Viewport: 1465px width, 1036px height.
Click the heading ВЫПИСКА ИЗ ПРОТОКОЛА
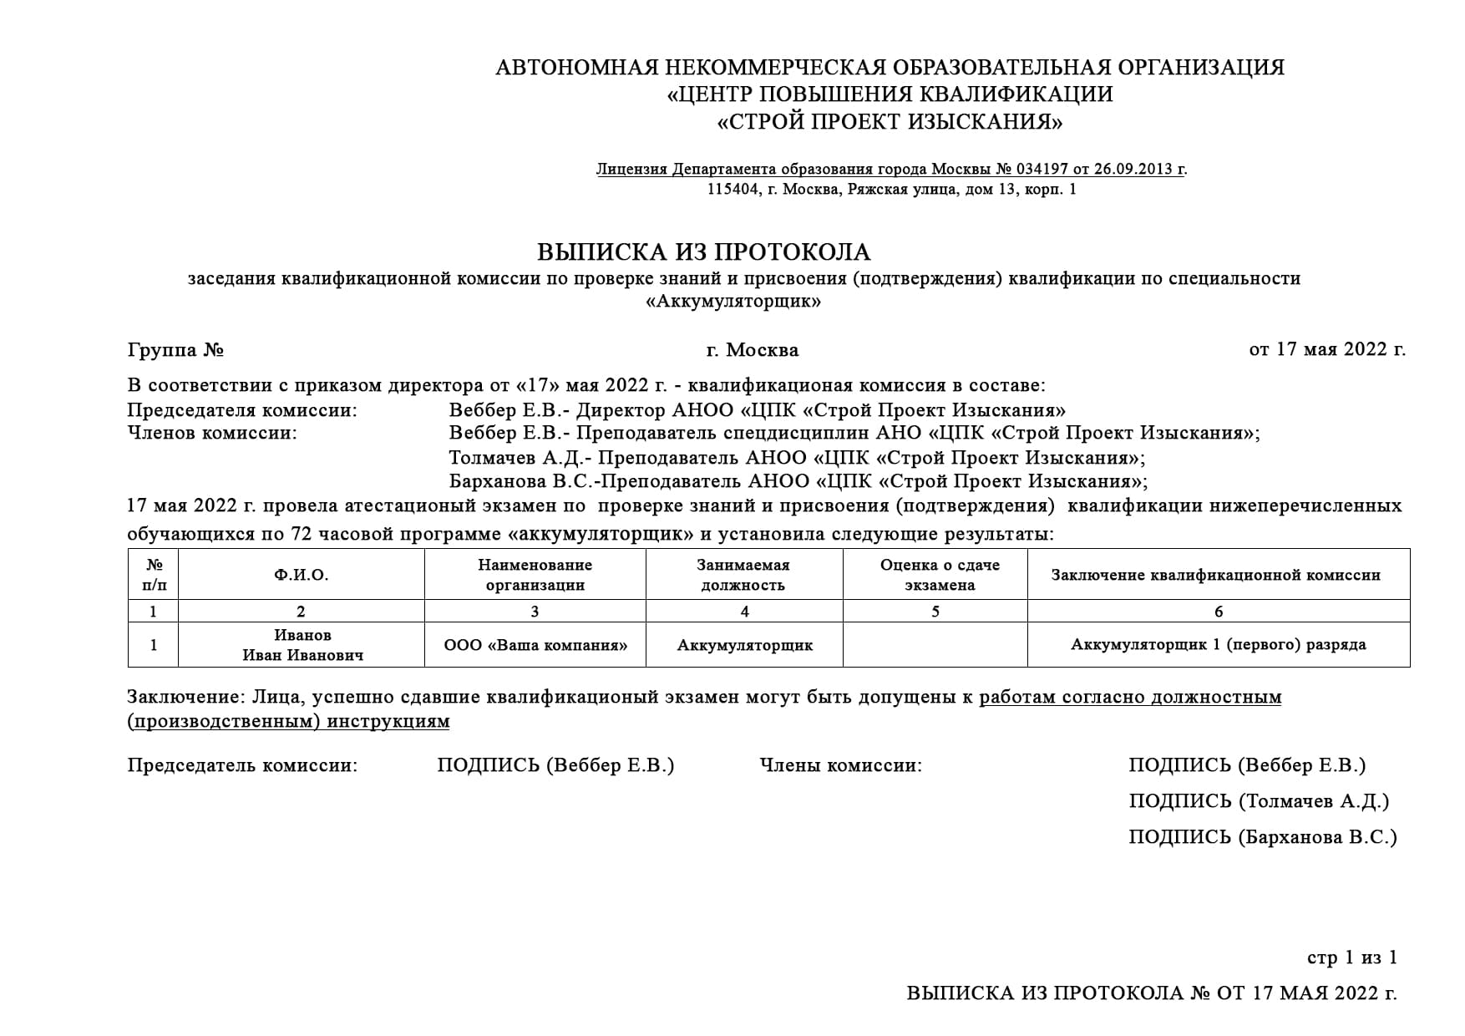[703, 251]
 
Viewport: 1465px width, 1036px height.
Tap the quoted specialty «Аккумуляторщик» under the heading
[733, 302]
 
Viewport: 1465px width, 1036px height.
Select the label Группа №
[175, 349]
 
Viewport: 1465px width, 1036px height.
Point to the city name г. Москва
[752, 349]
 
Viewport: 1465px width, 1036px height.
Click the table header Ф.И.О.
[301, 575]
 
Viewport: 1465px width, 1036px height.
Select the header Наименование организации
[535, 575]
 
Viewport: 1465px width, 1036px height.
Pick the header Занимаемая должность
[743, 575]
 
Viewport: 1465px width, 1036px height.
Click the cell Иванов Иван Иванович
[302, 645]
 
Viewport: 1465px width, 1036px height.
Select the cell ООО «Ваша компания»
[535, 645]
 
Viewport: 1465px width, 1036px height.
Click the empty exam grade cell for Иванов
[935, 645]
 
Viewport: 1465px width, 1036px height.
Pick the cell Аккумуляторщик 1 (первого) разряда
[1218, 644]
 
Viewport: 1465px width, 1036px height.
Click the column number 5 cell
[935, 612]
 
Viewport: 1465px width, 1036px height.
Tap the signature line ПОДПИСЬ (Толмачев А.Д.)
[1258, 801]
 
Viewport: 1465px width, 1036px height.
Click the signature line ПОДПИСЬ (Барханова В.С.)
[1262, 837]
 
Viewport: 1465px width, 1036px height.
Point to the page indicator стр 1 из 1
[1351, 957]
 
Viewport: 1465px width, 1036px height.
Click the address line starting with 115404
[891, 190]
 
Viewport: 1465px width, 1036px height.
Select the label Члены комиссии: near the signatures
[840, 765]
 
